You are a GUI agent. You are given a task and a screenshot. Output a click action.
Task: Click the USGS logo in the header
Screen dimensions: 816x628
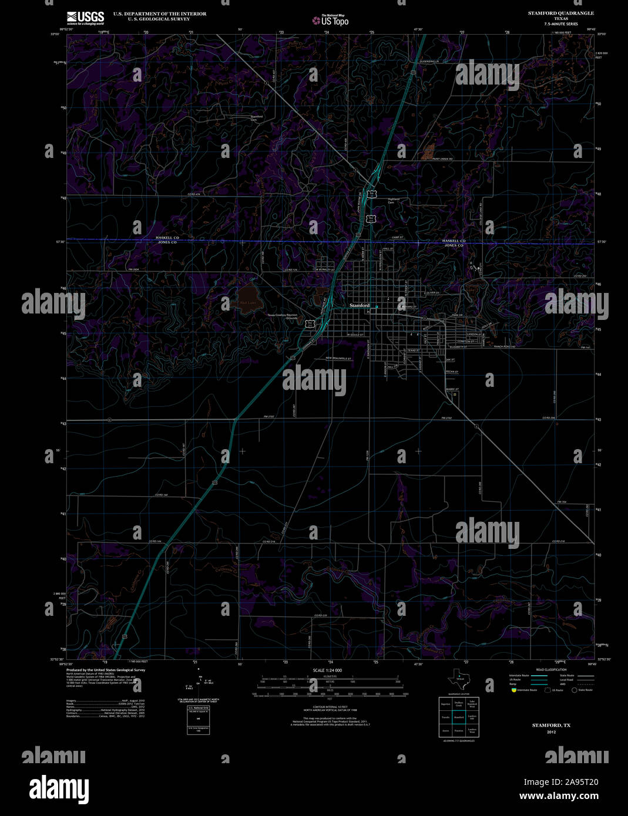coord(85,17)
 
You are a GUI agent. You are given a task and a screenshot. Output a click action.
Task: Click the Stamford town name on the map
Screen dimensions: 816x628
coord(360,306)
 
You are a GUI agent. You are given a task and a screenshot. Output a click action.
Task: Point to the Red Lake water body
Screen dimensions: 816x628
coord(248,298)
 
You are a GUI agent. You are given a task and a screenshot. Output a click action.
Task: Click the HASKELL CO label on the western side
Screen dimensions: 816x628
coord(167,237)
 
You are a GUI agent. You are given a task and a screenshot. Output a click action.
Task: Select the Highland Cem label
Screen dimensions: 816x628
coord(393,201)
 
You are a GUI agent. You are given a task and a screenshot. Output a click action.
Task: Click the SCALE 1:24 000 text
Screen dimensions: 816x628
coord(327,670)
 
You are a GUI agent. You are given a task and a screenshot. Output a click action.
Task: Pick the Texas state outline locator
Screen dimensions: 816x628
coord(459,680)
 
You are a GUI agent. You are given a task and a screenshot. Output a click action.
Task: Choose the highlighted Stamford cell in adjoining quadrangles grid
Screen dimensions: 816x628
coord(459,717)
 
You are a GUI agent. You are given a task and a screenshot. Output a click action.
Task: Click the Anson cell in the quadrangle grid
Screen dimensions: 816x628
coord(445,731)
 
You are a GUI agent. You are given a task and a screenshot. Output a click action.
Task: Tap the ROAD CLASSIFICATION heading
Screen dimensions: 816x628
coord(551,670)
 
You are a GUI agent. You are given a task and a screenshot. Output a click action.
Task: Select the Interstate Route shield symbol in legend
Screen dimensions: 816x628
coord(512,690)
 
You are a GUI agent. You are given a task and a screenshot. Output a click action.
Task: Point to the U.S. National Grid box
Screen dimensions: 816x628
coord(194,720)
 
